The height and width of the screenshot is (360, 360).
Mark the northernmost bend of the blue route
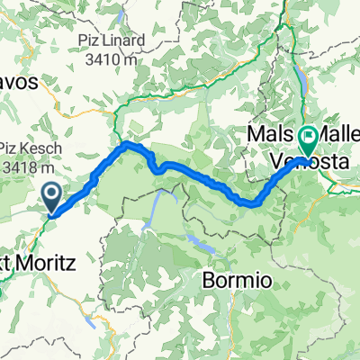click(x=130, y=143)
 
